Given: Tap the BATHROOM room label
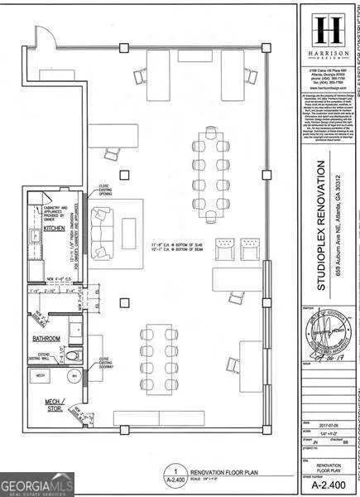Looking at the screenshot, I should tap(50, 338).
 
